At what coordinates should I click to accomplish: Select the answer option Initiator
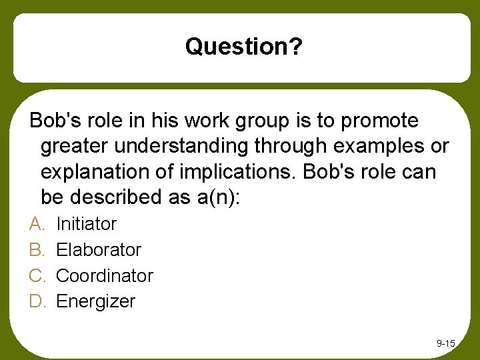tap(86, 224)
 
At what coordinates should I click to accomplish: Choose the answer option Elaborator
tap(99, 250)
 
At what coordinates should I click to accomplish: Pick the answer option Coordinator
tap(105, 275)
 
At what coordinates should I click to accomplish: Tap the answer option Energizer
tap(95, 301)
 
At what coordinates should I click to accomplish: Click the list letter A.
tap(36, 224)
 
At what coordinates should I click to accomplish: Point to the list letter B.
tap(36, 250)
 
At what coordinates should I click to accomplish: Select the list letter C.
tap(36, 275)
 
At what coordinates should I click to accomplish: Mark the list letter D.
tap(36, 301)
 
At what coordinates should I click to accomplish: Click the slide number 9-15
tap(445, 343)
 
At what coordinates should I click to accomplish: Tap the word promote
tap(379, 121)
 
